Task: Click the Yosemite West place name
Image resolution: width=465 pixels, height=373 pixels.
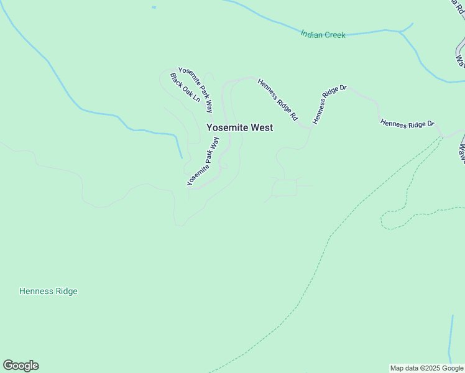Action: [x=239, y=127]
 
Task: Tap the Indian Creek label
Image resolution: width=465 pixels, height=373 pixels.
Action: [x=323, y=35]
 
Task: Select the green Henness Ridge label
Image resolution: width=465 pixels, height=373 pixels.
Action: [x=48, y=291]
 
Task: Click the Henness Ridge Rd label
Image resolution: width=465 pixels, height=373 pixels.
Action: [x=278, y=99]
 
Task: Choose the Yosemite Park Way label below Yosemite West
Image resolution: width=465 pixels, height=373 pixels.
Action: [x=203, y=162]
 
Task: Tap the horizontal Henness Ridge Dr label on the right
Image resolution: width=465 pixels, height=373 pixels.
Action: [x=407, y=124]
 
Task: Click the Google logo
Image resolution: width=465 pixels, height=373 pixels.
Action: [x=21, y=366]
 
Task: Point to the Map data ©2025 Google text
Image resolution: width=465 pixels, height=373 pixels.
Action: [x=426, y=368]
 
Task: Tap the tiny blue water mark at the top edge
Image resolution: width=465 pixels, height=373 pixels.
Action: [x=154, y=7]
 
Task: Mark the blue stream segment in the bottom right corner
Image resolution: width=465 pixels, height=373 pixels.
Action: [x=451, y=336]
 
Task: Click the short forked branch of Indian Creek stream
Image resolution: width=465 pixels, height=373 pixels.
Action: [x=407, y=28]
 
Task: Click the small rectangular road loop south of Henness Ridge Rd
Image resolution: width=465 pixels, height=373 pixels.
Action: [x=285, y=188]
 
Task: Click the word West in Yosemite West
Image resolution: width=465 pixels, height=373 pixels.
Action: [x=261, y=127]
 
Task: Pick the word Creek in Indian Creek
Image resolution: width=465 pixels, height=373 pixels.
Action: [x=334, y=35]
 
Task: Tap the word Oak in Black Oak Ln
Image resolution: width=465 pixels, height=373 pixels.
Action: [x=185, y=89]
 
